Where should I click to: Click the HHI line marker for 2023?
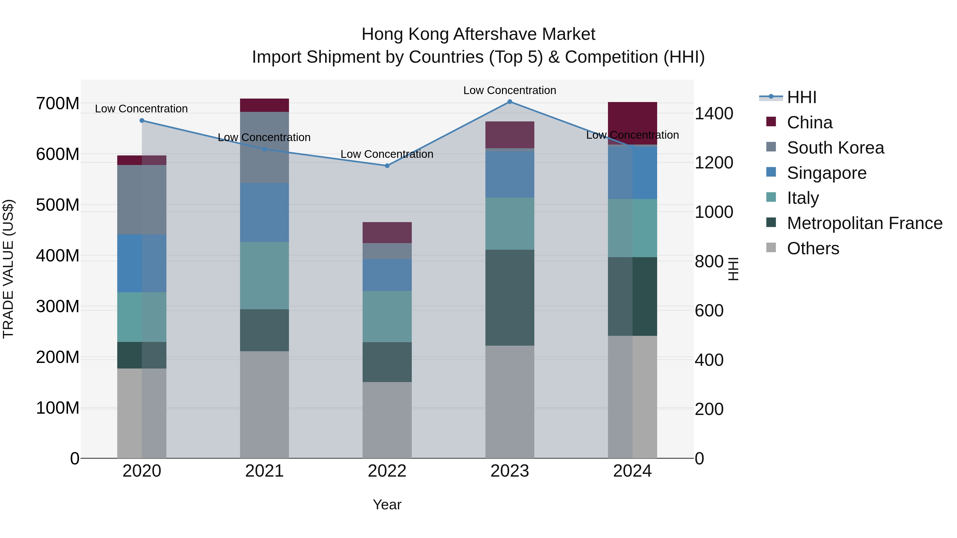[x=510, y=102]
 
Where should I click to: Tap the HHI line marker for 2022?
[x=387, y=166]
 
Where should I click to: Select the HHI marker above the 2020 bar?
[x=142, y=121]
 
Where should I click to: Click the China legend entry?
[x=809, y=122]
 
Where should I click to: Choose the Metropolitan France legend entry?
[x=864, y=223]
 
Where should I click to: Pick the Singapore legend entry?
[x=826, y=173]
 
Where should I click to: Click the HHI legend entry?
[x=801, y=97]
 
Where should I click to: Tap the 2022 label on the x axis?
[x=387, y=471]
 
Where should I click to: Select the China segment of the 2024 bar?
[x=632, y=123]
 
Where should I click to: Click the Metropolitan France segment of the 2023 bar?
[x=510, y=298]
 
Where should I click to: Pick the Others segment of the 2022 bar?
[x=387, y=420]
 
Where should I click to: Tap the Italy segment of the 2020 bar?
[x=142, y=317]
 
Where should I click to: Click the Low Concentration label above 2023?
[x=510, y=90]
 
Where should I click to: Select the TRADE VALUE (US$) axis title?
[x=8, y=269]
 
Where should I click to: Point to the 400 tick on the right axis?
[x=709, y=360]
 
